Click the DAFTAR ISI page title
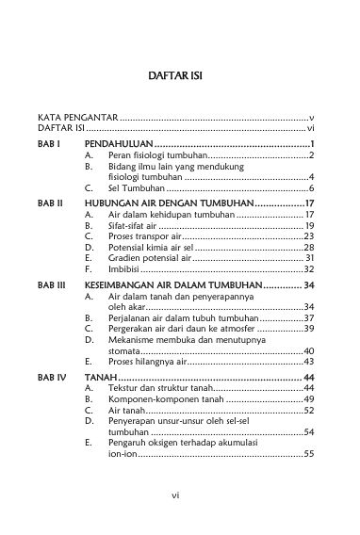pos(179,73)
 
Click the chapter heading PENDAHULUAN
pos(117,143)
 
